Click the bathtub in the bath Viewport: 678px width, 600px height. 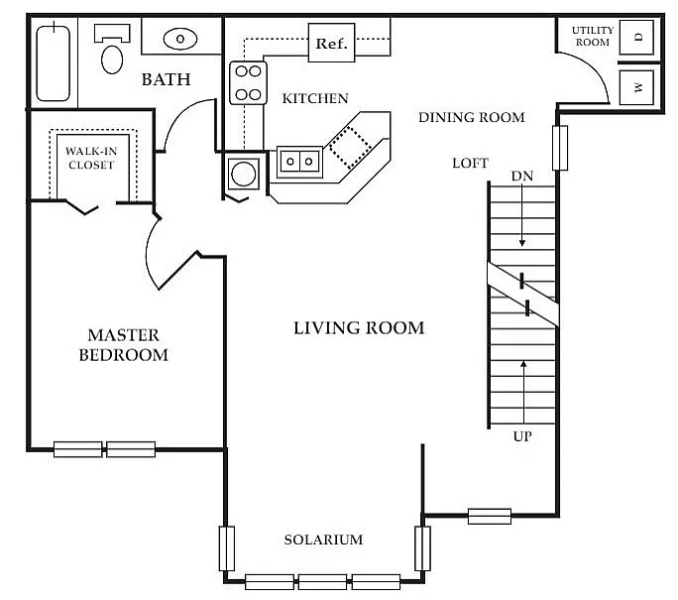click(54, 63)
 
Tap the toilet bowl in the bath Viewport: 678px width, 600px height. click(112, 60)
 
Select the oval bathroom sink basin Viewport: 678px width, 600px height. click(180, 39)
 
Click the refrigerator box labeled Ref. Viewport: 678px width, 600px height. click(331, 43)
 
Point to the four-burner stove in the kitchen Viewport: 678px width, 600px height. click(248, 82)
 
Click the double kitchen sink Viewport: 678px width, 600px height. click(299, 162)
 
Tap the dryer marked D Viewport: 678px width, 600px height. click(636, 38)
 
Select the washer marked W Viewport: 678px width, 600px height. click(636, 87)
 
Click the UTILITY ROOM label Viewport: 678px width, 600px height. click(593, 37)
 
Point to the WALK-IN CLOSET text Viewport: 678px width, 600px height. click(91, 158)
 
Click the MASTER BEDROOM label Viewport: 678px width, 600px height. click(124, 345)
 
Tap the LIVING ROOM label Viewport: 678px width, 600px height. click(359, 328)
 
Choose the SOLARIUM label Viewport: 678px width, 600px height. click(323, 540)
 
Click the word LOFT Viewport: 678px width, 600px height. click(471, 163)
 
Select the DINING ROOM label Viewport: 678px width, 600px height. click(472, 117)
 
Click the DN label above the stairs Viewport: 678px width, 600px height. click(522, 177)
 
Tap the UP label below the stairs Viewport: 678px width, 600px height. click(522, 436)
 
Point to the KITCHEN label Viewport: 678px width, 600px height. click(315, 98)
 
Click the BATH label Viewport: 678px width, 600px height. click(167, 79)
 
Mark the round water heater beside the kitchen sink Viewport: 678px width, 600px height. click(244, 174)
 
